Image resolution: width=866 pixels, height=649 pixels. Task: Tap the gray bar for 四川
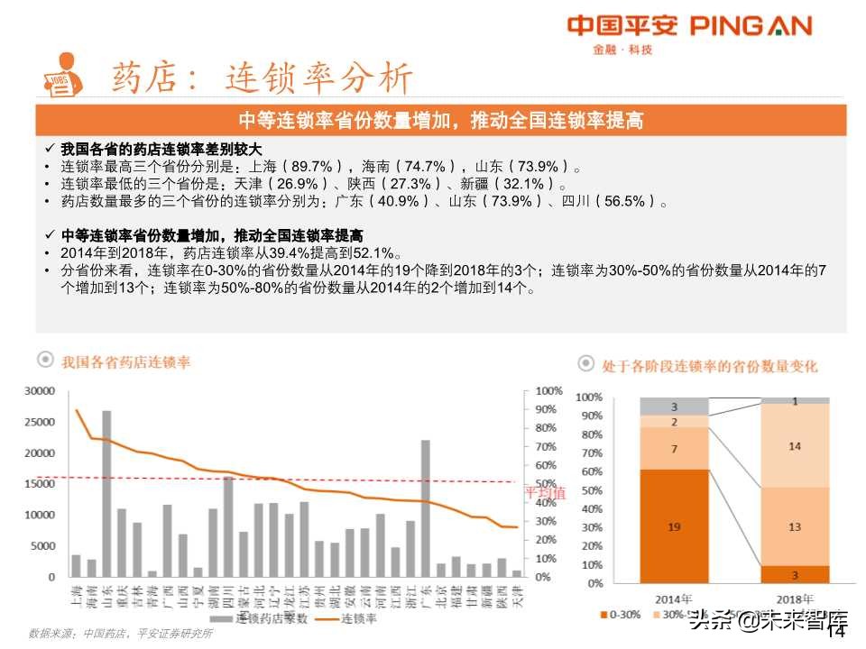[x=228, y=526]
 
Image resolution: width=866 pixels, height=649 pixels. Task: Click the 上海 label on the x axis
[x=76, y=599]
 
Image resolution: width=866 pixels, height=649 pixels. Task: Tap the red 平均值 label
[x=545, y=493]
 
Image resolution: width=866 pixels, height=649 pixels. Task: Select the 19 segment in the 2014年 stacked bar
[x=674, y=526]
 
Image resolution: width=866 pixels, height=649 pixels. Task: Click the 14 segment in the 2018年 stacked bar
[x=795, y=445]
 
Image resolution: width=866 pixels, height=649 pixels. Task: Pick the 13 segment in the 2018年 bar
[x=795, y=526]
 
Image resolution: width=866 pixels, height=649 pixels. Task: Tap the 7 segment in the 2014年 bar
[x=674, y=448]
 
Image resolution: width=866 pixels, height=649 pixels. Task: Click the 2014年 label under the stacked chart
[x=674, y=598]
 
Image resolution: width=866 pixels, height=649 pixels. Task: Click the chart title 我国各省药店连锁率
[x=125, y=362]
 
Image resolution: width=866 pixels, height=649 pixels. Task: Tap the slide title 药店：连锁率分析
[x=262, y=79]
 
